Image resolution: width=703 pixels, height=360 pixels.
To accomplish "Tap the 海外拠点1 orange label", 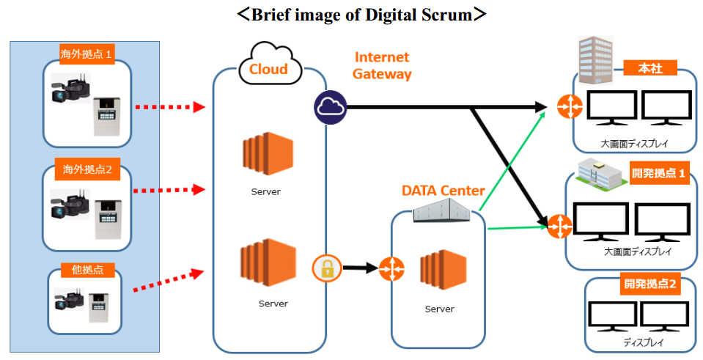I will pyautogui.click(x=87, y=54).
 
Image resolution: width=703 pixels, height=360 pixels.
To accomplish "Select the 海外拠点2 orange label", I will pyautogui.click(x=87, y=170).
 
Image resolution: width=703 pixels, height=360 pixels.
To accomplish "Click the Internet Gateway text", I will pyautogui.click(x=382, y=65).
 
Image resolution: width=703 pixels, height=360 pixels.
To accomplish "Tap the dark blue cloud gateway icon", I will pyautogui.click(x=330, y=108).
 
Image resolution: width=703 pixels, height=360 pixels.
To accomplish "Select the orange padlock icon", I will pyautogui.click(x=327, y=268).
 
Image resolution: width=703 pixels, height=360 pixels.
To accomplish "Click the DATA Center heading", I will pyautogui.click(x=443, y=191).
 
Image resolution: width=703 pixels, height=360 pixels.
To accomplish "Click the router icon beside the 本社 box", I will pyautogui.click(x=567, y=107).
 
